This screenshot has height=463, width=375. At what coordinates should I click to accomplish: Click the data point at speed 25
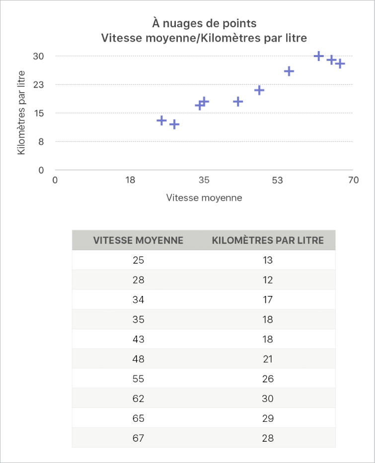coord(161,120)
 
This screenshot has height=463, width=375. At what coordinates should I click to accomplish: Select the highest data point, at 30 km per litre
coord(319,57)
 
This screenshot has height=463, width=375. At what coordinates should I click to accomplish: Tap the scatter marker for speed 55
coord(289,71)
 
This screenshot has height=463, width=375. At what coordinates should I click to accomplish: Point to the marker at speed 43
coord(238,102)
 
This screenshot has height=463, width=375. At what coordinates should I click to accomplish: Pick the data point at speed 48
coord(259,90)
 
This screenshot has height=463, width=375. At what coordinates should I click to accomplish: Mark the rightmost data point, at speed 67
coord(340,63)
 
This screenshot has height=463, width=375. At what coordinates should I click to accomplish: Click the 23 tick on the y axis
coord(39,85)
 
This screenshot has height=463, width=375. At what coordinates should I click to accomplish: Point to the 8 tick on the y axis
coord(42,142)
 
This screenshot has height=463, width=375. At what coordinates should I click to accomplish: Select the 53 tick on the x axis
coord(278,180)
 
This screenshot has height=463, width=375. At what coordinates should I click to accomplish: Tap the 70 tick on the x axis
coord(353,180)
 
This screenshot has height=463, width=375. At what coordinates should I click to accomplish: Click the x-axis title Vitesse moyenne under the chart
coord(204,198)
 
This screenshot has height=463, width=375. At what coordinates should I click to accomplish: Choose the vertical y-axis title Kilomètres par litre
coord(22,113)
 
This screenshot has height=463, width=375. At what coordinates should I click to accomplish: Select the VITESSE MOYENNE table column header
coord(139,240)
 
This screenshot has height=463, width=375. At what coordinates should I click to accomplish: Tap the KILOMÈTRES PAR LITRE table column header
coord(268,240)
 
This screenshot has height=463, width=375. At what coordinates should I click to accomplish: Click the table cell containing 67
coord(139,438)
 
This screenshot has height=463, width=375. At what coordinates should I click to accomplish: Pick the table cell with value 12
coord(268,280)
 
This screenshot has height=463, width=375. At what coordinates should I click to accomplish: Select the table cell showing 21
coord(268,359)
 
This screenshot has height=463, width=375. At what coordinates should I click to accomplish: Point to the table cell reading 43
coord(139,339)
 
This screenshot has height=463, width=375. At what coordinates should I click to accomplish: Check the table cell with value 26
coord(268,379)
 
